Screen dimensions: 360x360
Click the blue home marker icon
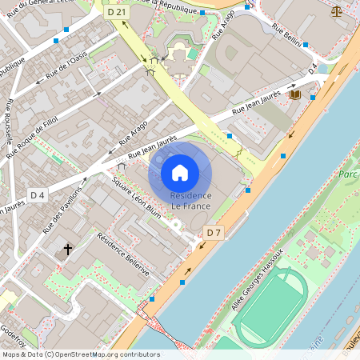(180, 172)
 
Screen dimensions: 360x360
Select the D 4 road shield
(38, 194)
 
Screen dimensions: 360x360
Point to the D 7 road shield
(213, 233)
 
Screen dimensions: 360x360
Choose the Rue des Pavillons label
(62, 210)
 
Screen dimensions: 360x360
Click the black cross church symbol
(68, 250)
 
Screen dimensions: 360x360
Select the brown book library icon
(294, 94)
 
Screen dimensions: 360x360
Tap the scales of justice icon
(335, 12)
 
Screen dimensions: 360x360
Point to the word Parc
(348, 174)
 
